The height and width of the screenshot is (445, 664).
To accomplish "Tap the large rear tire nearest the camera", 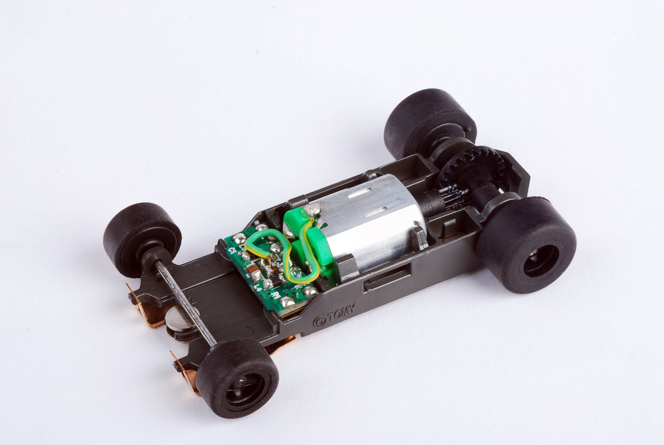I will point(526,244).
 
